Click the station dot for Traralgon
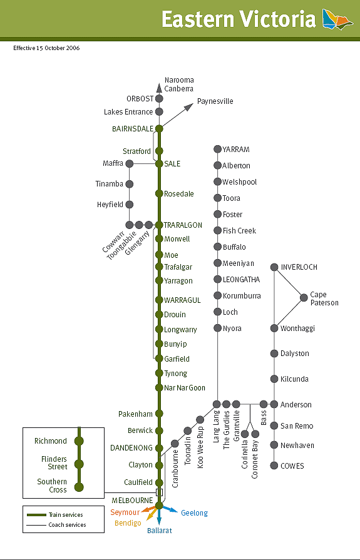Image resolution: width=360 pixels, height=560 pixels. pyautogui.click(x=159, y=225)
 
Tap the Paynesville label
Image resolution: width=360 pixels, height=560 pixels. pyautogui.click(x=215, y=101)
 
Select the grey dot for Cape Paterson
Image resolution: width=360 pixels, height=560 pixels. pyautogui.click(x=304, y=297)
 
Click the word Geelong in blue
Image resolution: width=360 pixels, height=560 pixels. pyautogui.click(x=194, y=513)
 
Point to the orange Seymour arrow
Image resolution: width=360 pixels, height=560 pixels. pyautogui.click(x=149, y=509)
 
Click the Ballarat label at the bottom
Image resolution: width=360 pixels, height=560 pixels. pyautogui.click(x=160, y=531)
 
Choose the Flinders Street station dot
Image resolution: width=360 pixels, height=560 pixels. pyautogui.click(x=79, y=464)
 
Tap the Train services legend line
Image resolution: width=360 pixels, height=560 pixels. pyautogui.click(x=36, y=515)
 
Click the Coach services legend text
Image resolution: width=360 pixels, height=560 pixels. pyautogui.click(x=67, y=525)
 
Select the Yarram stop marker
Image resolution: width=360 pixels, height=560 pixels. pyautogui.click(x=217, y=149)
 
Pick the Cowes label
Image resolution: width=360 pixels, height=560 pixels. pyautogui.click(x=292, y=466)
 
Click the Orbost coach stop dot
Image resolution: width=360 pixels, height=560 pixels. pyautogui.click(x=159, y=99)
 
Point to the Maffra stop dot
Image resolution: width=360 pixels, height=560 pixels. pyautogui.click(x=130, y=163)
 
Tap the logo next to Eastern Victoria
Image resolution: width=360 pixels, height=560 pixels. pyautogui.click(x=337, y=19)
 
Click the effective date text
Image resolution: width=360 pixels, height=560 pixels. pyautogui.click(x=46, y=48)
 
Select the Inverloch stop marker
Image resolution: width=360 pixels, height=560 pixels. pyautogui.click(x=274, y=267)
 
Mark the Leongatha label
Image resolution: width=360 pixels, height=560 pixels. pyautogui.click(x=241, y=280)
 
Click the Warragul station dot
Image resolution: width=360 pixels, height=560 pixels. pyautogui.click(x=159, y=300)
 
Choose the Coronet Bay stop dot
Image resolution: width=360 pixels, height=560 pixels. pyautogui.click(x=255, y=434)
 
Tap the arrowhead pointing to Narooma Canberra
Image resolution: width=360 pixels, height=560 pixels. pyautogui.click(x=159, y=88)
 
